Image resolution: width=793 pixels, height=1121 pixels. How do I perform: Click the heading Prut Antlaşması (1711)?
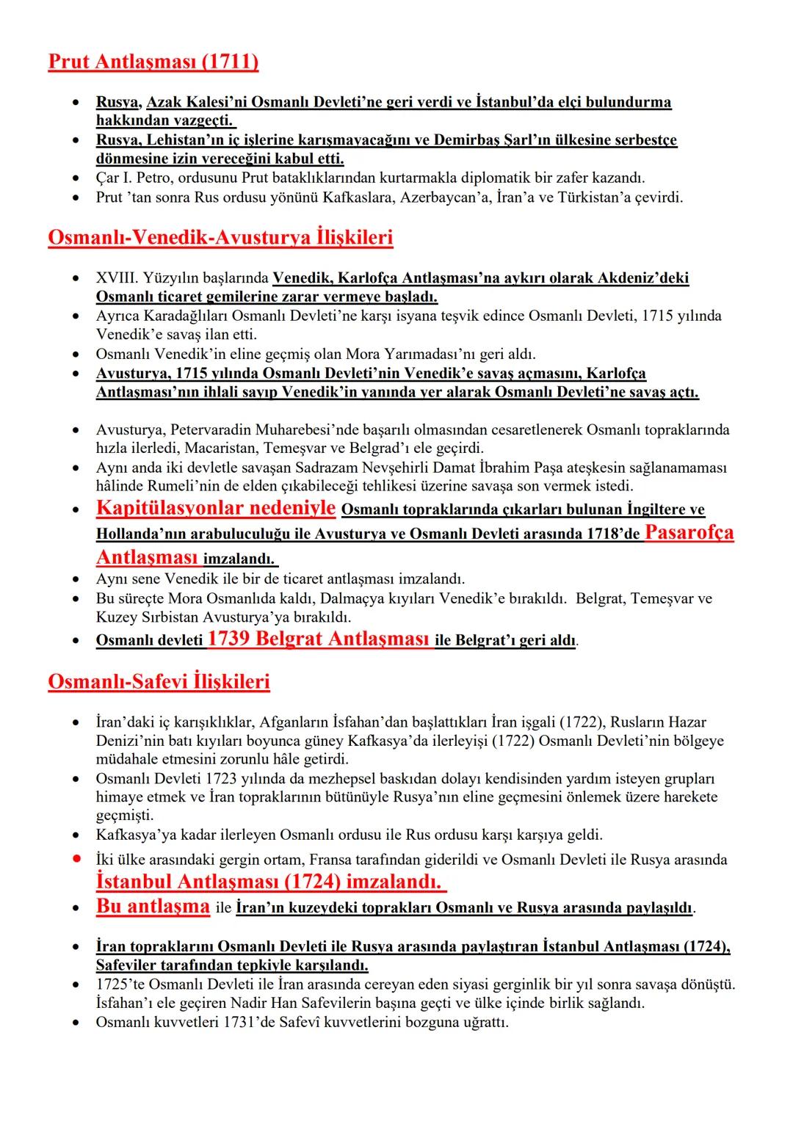pos(153,62)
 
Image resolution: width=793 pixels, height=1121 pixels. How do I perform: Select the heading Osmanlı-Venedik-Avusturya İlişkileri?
pos(220,238)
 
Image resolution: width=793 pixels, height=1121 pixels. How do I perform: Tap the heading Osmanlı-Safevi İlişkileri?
pos(159,682)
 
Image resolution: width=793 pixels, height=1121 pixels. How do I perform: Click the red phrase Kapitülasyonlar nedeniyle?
pos(216,508)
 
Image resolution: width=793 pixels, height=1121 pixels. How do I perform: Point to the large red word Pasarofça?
pos(689,532)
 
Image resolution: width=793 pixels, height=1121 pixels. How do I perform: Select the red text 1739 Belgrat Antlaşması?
pos(319,639)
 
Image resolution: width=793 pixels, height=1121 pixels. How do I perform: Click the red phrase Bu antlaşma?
pos(153,907)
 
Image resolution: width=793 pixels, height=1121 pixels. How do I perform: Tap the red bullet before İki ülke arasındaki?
pos(76,859)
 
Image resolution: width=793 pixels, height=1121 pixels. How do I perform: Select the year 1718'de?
pos(613,534)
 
